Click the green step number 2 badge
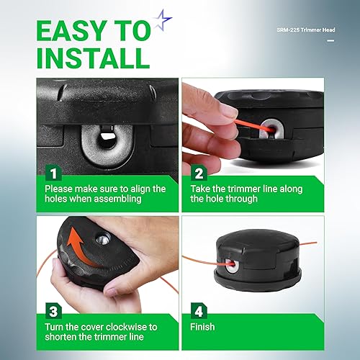[x=199, y=174]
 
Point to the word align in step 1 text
[x=131, y=189]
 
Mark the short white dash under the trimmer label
[x=330, y=41]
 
